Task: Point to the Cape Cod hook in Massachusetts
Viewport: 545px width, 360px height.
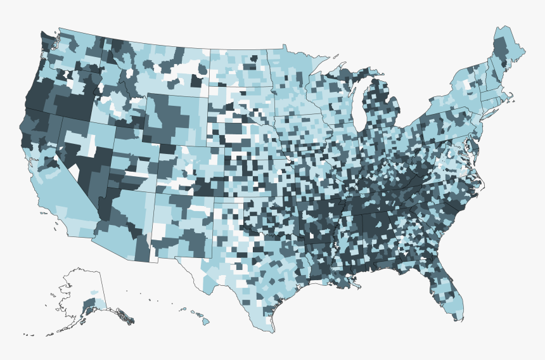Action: (x=513, y=100)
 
